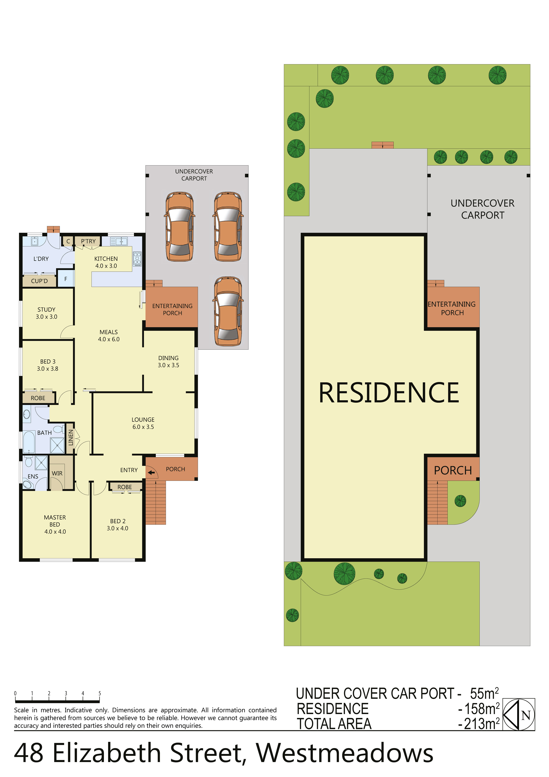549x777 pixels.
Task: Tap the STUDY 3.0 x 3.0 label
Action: click(46, 313)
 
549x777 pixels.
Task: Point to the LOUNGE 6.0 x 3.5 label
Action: click(143, 423)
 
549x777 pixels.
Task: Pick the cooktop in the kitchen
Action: click(137, 259)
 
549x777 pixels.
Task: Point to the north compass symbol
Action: click(518, 714)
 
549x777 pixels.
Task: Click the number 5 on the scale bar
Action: click(100, 693)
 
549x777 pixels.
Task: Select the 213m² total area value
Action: click(482, 724)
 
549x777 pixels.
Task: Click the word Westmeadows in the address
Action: click(344, 753)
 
